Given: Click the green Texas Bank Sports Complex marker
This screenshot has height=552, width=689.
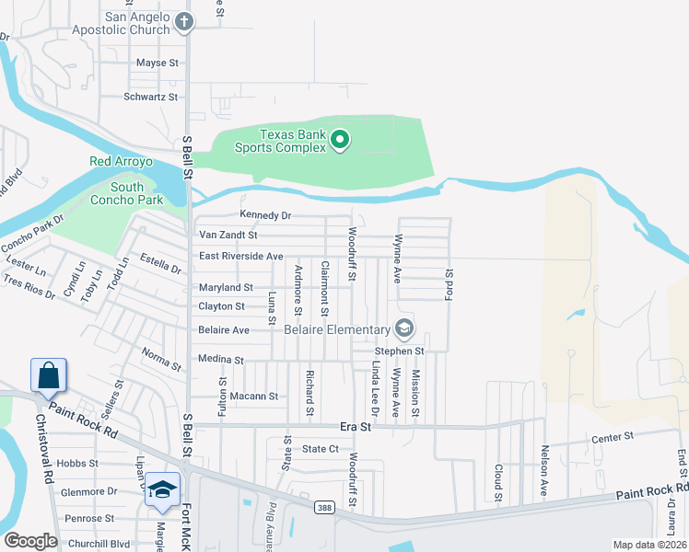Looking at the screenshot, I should tap(340, 140).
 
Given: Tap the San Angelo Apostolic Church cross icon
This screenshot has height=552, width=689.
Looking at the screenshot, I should tap(184, 22).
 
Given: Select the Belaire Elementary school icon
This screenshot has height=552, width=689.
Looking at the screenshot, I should tap(403, 328).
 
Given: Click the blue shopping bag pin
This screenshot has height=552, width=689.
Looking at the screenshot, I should tap(47, 375).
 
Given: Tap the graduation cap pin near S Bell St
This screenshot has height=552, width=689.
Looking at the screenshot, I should tap(162, 489).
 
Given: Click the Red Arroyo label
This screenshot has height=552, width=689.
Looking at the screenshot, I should tap(120, 162).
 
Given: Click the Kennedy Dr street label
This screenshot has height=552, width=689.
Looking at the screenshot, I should tap(265, 215).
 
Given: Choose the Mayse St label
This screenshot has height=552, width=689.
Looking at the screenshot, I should tap(157, 63).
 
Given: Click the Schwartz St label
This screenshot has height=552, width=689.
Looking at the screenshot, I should tap(150, 96).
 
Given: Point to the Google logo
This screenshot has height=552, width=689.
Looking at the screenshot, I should tap(30, 541).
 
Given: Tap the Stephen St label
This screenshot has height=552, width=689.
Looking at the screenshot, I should tap(399, 351).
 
